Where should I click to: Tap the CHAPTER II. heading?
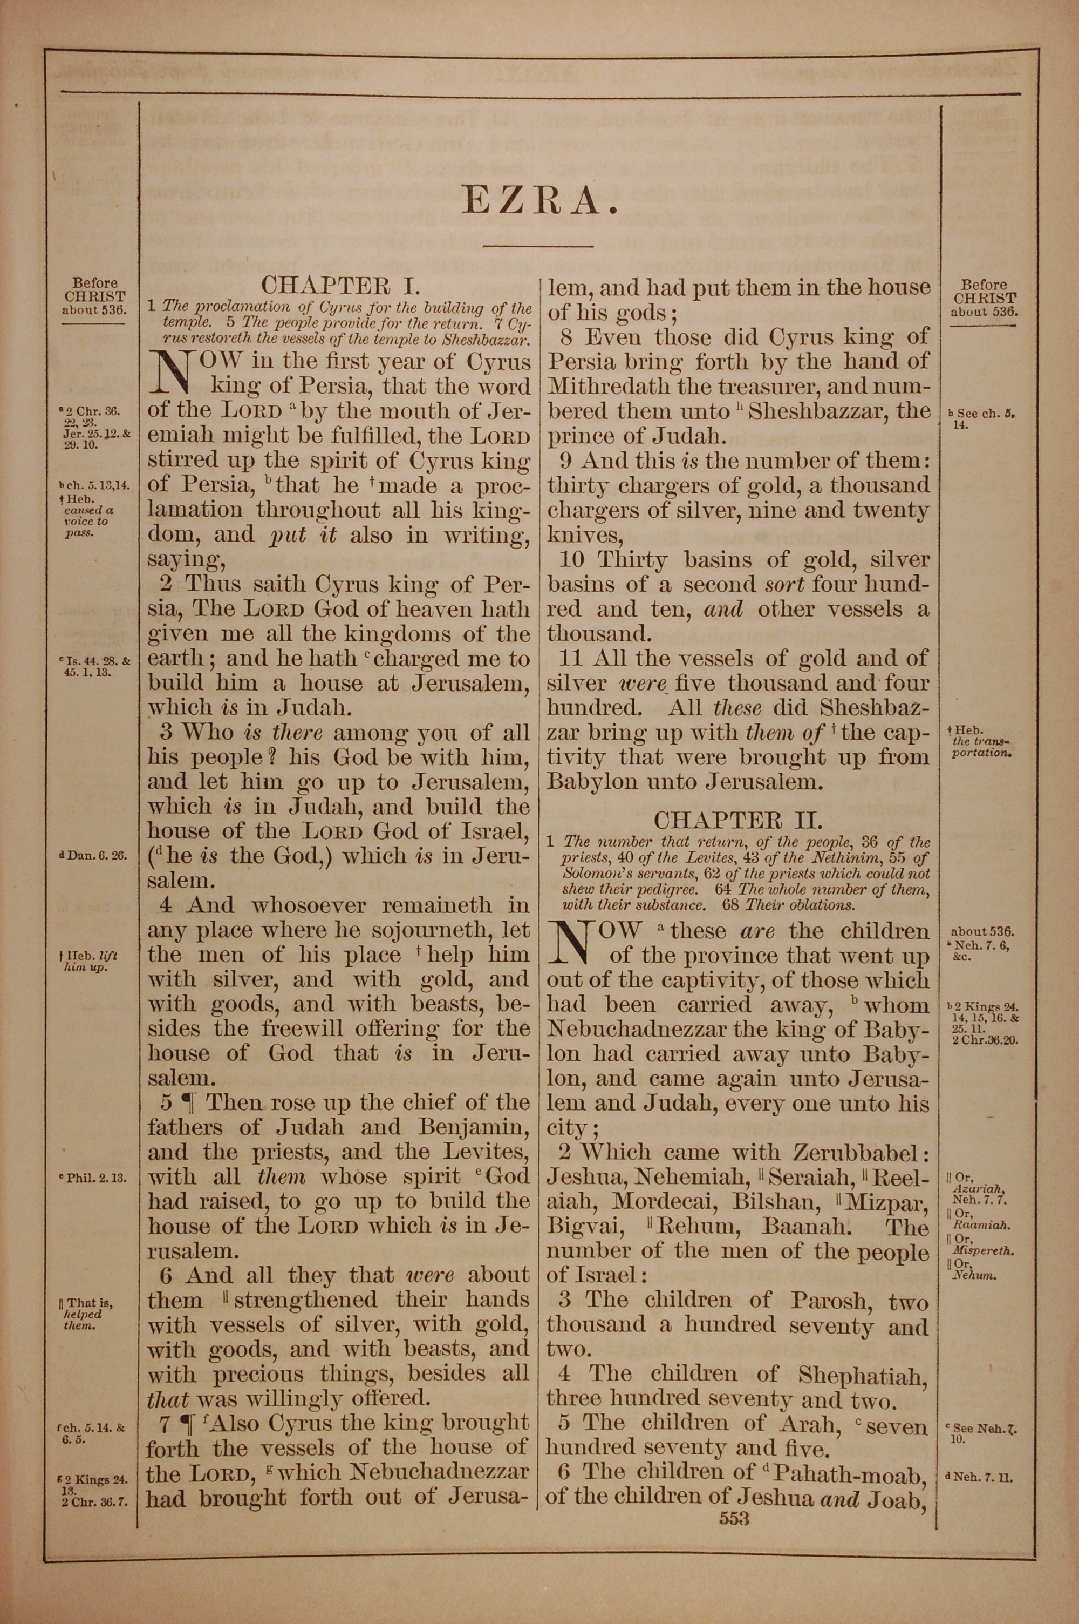pos(737,821)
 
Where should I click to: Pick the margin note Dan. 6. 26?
pos(93,857)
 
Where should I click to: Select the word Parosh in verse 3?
pos(829,1301)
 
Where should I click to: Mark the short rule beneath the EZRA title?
pos(538,246)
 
